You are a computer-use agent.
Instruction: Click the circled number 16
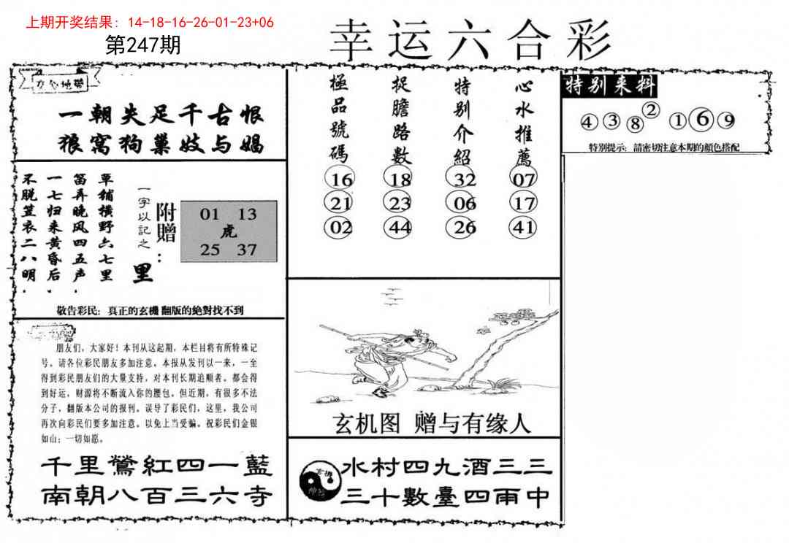tap(341, 180)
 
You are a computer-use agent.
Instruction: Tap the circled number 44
tap(400, 227)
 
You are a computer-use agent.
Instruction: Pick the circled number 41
tap(524, 227)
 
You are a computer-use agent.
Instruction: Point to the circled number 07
tap(524, 180)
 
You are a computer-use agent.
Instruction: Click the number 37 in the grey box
tap(247, 250)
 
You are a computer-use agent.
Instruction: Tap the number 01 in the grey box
tap(210, 215)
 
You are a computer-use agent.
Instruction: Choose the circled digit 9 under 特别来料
tap(728, 121)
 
